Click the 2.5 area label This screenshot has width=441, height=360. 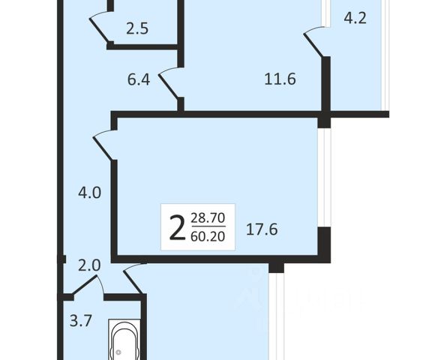[137, 28]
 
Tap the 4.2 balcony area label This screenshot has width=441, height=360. [355, 19]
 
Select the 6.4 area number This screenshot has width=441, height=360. [139, 79]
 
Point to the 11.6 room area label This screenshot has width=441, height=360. [280, 79]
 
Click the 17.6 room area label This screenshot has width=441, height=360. [262, 229]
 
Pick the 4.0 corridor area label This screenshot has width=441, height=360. [89, 193]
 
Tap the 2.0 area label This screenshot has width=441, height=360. [89, 265]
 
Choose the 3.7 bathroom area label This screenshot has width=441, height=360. [81, 321]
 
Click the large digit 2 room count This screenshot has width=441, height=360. [177, 227]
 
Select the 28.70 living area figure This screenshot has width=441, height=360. [208, 218]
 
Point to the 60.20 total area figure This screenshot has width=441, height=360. [208, 236]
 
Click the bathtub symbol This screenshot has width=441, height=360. [124, 340]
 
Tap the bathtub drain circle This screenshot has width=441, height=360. [118, 352]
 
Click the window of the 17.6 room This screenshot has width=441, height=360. [324, 178]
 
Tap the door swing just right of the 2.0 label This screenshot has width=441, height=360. [134, 278]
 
